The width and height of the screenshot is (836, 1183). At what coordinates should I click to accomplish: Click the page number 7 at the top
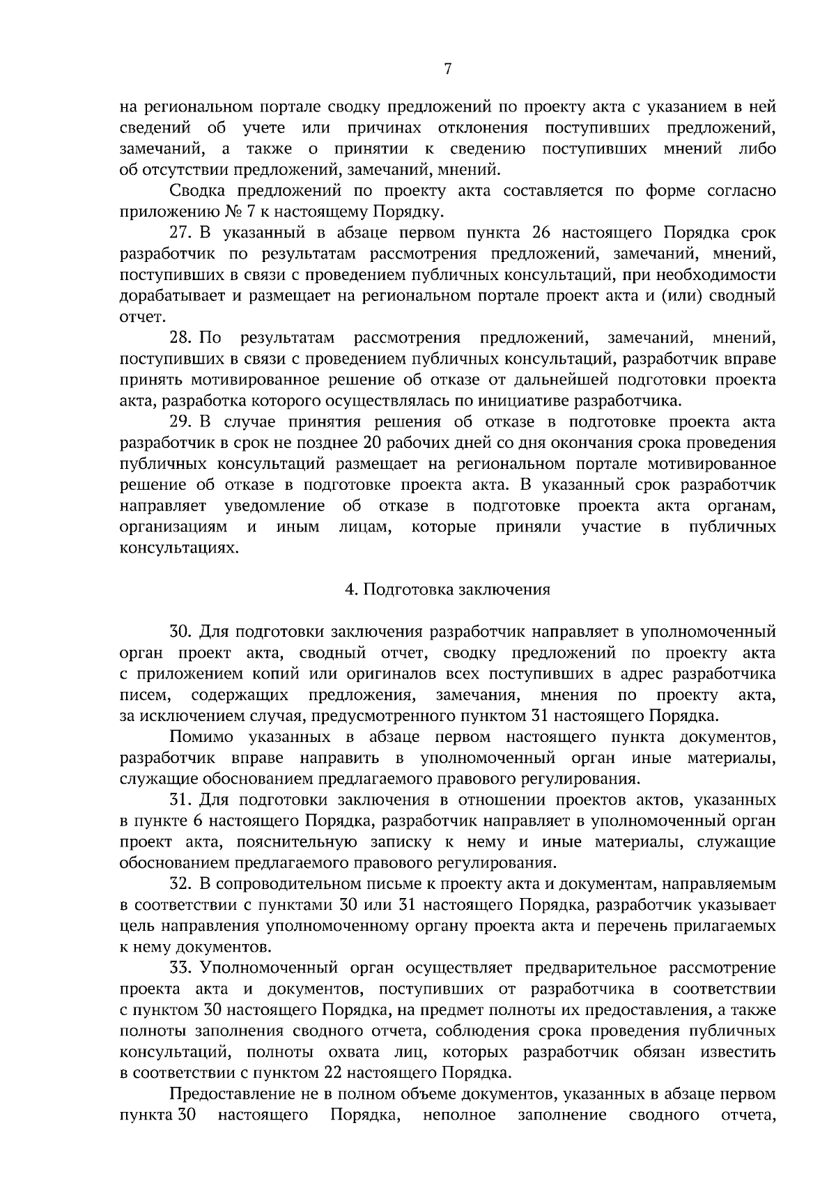[447, 68]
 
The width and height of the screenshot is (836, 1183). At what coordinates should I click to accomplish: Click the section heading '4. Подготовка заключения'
[447, 589]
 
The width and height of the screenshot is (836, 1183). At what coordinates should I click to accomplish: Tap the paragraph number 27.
[180, 233]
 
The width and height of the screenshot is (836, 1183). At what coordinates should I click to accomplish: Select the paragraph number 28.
[180, 338]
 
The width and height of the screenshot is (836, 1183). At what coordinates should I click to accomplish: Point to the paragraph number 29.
[180, 422]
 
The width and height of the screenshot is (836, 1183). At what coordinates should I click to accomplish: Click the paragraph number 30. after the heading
[181, 632]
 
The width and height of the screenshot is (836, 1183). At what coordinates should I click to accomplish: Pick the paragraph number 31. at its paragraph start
[180, 800]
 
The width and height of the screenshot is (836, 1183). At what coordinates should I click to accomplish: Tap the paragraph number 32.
[180, 884]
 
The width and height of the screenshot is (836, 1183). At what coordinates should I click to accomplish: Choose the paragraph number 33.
[180, 968]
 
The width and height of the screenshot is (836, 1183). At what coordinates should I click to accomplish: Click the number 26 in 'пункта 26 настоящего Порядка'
[541, 233]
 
